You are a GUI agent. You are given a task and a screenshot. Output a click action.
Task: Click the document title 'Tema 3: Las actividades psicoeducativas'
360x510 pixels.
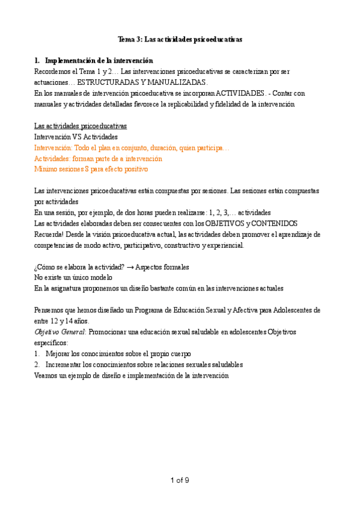[180, 39]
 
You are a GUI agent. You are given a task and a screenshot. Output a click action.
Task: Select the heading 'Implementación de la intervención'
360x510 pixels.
[99, 61]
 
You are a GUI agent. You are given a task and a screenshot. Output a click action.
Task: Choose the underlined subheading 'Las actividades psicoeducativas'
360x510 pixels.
[80, 126]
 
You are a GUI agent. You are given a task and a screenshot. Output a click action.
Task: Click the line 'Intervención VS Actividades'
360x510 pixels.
[76, 137]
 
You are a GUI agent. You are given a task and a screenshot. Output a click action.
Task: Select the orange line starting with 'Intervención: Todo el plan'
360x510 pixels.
[132, 147]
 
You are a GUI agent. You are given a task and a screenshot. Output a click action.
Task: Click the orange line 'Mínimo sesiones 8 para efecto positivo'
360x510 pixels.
[91, 169]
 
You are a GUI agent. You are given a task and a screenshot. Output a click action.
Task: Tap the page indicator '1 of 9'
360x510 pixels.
[180, 479]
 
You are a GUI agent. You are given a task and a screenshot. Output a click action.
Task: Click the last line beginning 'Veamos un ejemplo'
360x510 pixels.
[132, 375]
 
